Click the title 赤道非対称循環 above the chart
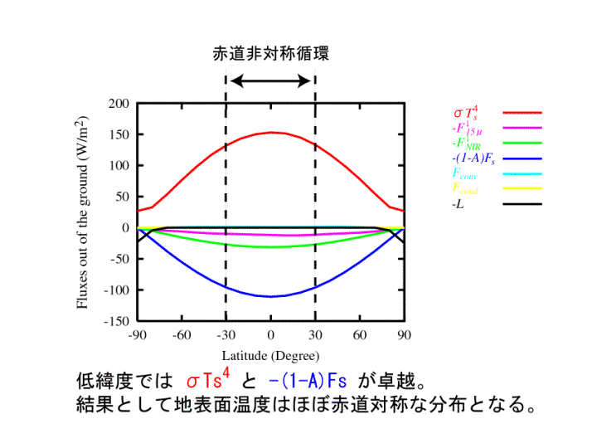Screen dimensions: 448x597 coord(270,55)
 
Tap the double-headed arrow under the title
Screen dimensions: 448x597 coord(270,80)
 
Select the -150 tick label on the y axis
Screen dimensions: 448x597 coord(118,320)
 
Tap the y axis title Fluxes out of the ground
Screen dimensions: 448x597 coord(84,212)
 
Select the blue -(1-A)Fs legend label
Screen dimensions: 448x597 coord(473,158)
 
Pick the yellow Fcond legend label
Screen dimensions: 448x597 coord(465,189)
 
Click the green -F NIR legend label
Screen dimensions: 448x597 coord(465,144)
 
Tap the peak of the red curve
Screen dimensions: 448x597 coord(270,132)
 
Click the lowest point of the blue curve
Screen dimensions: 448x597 coord(270,296)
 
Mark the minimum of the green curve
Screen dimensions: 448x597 coord(270,247)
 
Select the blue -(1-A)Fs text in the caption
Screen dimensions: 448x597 coord(307,382)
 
